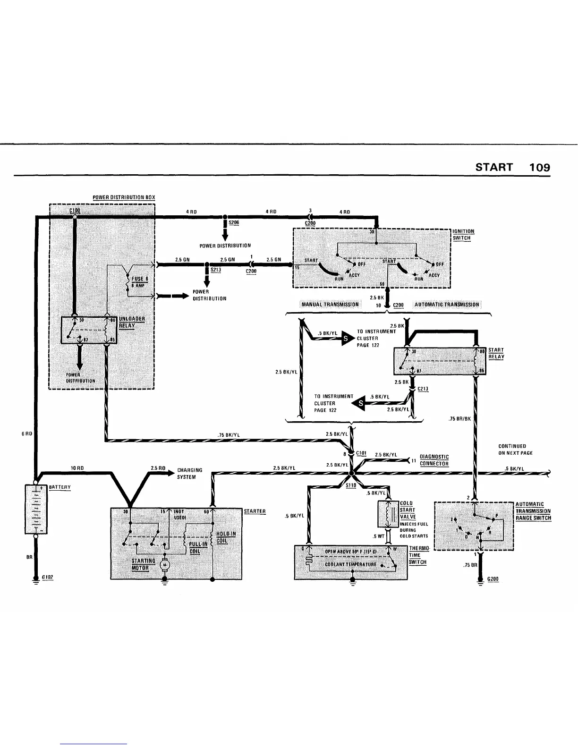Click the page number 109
539,167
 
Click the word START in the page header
494,167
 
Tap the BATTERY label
59,487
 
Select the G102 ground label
47,577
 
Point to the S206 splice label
234,222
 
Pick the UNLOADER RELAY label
132,322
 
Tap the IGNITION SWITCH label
463,235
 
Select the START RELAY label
496,353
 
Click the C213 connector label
423,389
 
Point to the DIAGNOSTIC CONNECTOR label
434,460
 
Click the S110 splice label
351,485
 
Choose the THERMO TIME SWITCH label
418,555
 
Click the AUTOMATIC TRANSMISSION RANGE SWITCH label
533,511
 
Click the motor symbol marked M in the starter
165,564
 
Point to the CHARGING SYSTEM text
189,473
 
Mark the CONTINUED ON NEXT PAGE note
515,449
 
